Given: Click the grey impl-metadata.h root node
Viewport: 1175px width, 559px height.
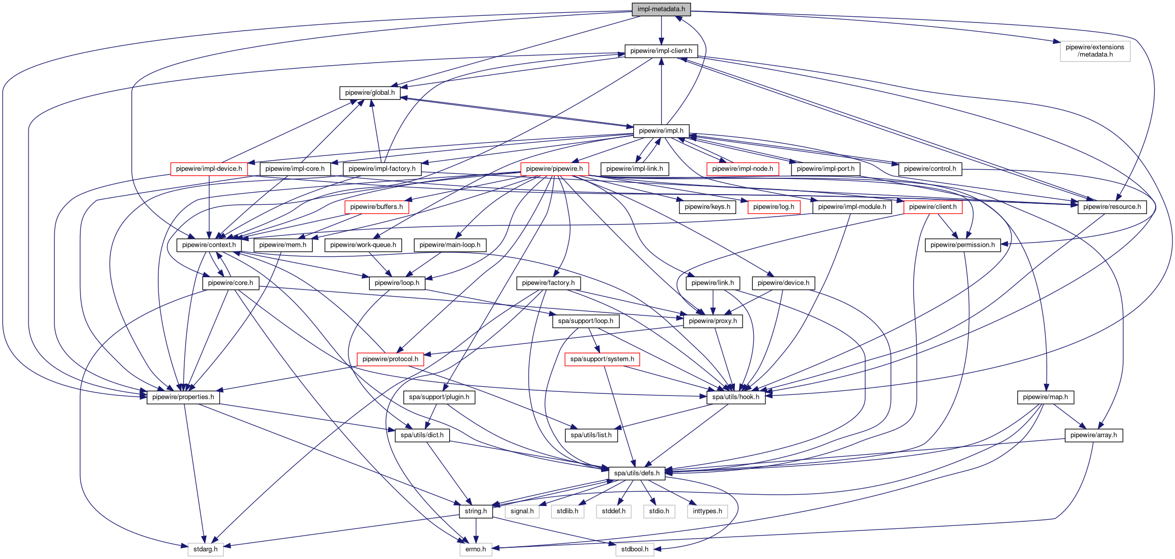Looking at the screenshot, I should (661, 9).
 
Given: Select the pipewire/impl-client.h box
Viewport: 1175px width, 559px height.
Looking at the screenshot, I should (661, 51).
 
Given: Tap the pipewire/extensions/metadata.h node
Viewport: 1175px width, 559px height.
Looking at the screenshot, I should (1095, 51).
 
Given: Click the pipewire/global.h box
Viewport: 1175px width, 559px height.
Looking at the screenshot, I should (369, 93).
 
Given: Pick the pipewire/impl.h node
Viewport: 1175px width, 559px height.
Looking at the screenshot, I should (661, 131).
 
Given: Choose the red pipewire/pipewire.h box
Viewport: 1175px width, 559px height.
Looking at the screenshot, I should (554, 169).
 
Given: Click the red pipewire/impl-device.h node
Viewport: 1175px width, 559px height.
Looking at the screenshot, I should (209, 169).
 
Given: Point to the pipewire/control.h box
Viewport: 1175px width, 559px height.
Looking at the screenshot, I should (930, 169).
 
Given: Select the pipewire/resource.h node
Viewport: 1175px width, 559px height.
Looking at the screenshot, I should (1112, 207).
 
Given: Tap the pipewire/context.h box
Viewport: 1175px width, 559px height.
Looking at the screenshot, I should (209, 245).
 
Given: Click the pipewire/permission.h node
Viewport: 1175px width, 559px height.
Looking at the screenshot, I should (962, 245).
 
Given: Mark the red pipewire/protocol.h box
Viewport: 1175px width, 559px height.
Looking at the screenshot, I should (390, 359).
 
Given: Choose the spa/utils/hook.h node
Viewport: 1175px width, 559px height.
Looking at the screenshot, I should (735, 397).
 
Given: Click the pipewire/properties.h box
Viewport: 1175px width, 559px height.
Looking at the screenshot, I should (183, 397).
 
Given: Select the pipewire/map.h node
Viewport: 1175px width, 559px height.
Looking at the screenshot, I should (1045, 397).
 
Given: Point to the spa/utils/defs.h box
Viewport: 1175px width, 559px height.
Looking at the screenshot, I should (636, 473).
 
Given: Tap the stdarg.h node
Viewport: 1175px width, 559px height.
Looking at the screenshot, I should (205, 549).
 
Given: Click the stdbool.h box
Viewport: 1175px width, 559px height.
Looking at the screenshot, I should (635, 549).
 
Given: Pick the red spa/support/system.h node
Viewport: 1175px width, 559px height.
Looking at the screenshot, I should (602, 359).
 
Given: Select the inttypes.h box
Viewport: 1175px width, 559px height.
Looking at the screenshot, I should (707, 511).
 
